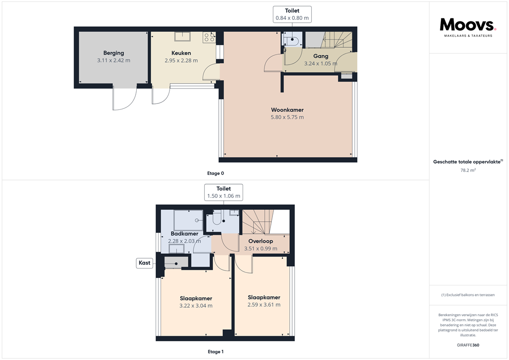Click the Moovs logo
pos(468,26)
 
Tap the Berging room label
pos(114,53)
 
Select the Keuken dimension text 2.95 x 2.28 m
pos(181,61)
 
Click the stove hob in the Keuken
pos(209,37)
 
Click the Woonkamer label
pos(287,110)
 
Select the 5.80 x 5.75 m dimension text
pos(287,117)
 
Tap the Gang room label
pos(321,56)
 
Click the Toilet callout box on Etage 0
pos(292,14)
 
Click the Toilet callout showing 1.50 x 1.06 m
pos(224,192)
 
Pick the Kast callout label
pos(145,263)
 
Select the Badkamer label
pos(184,234)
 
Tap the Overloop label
pos(260,241)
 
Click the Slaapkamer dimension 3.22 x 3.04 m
pos(196,306)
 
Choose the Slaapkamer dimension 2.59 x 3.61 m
pos(264,305)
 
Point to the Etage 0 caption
pos(216,173)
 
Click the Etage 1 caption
pos(216,352)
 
